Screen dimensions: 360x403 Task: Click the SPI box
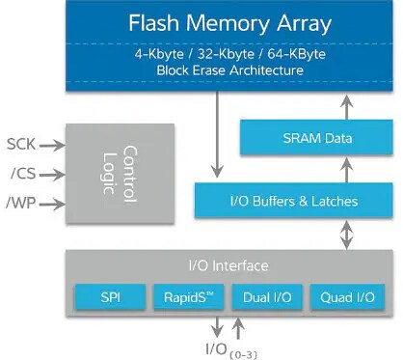pyautogui.click(x=109, y=295)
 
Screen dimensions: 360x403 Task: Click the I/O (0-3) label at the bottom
pyautogui.click(x=231, y=346)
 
